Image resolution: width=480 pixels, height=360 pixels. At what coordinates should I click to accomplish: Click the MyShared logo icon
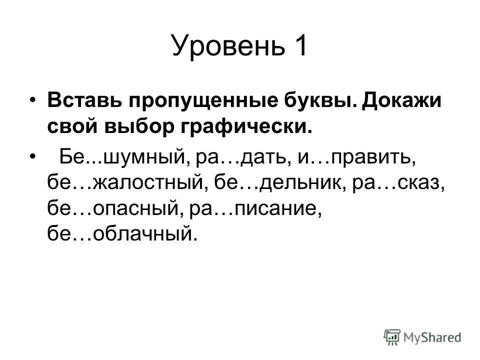pos(392,336)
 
